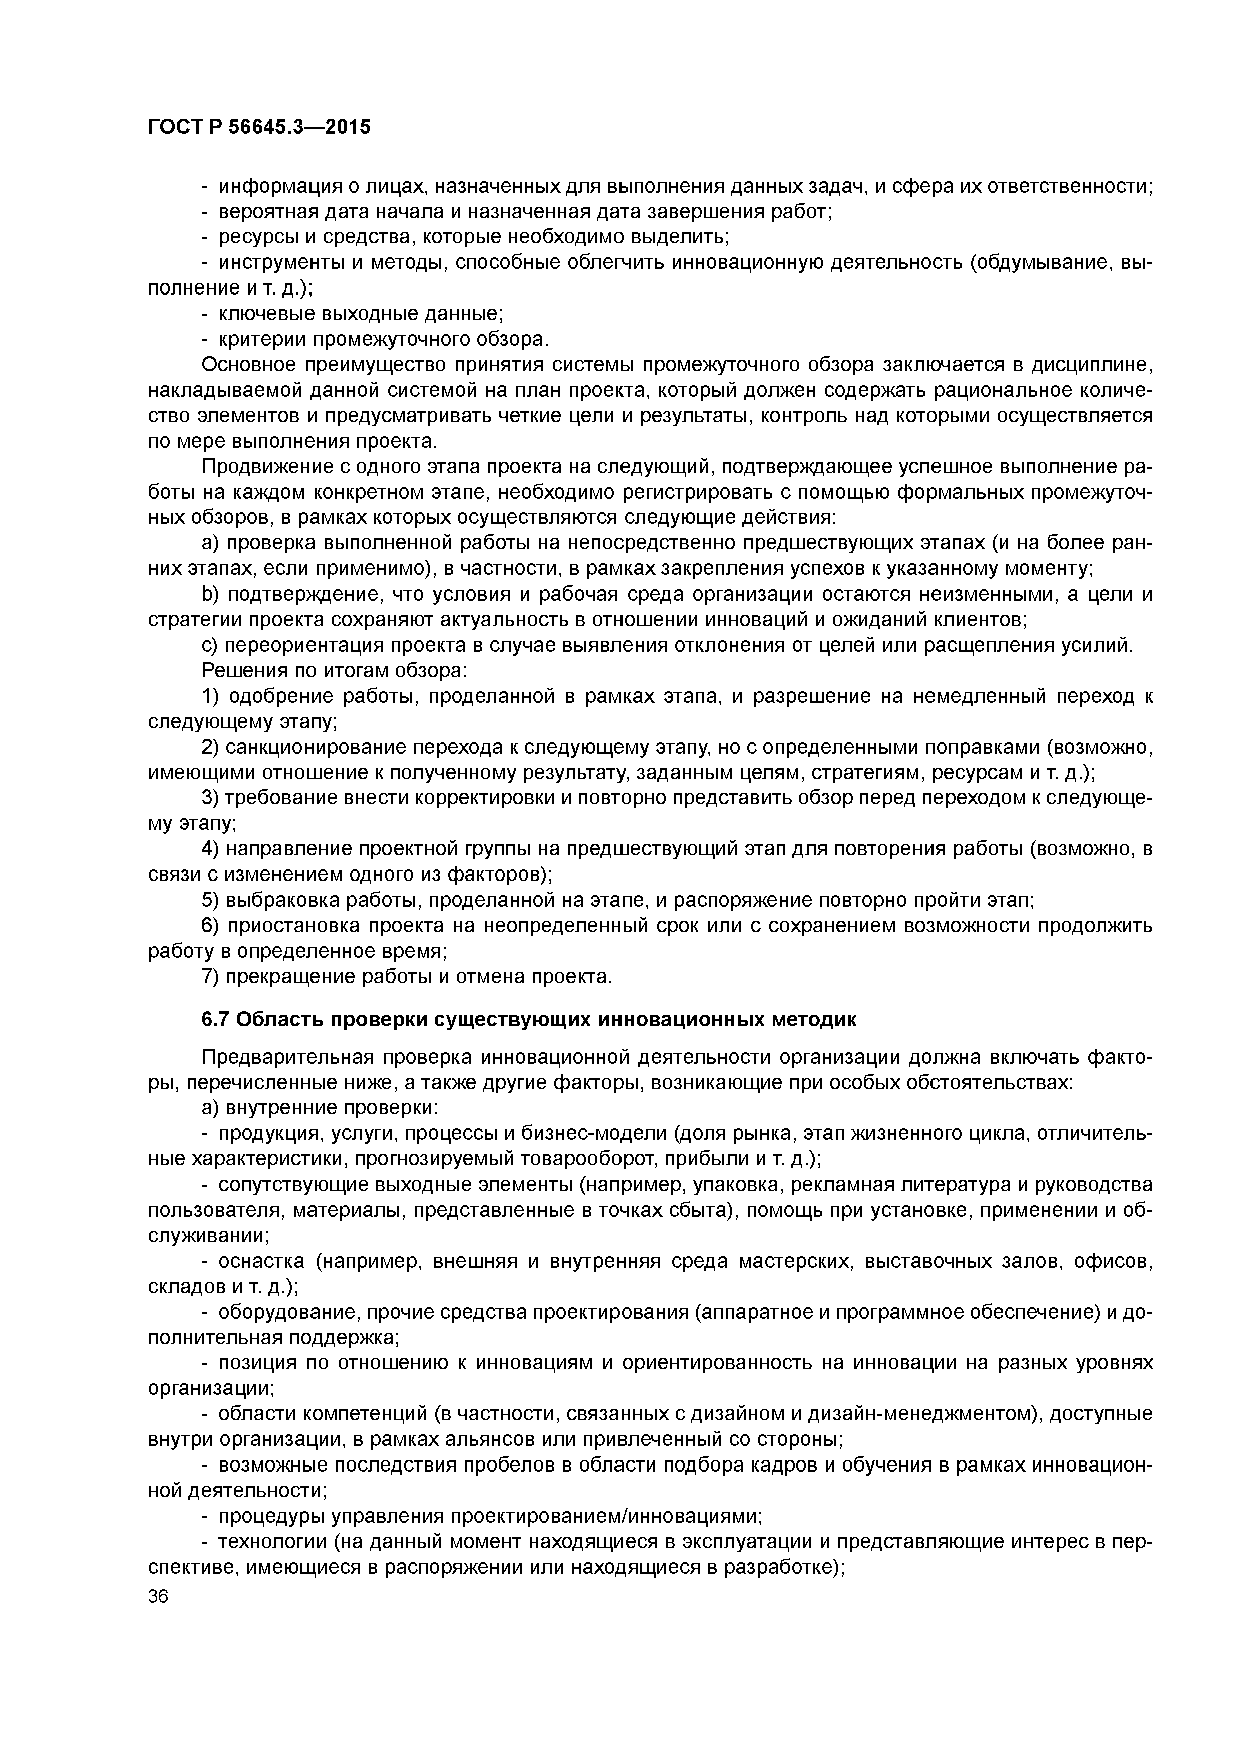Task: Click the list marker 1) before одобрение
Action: (x=210, y=696)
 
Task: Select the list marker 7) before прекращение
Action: (x=210, y=977)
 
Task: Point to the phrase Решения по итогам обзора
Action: (x=333, y=671)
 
